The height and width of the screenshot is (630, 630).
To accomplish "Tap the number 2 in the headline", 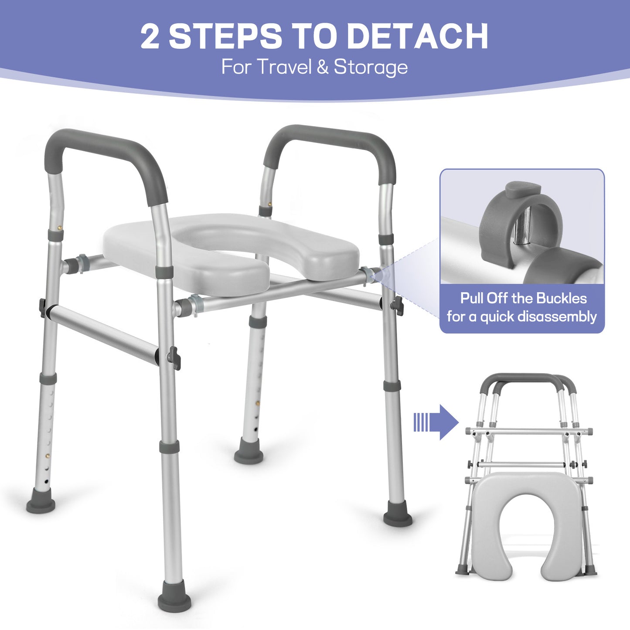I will tap(150, 37).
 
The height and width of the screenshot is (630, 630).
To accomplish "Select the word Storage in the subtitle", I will tap(371, 67).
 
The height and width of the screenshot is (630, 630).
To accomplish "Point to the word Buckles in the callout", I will tap(561, 299).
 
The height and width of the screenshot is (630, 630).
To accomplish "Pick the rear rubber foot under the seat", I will tap(249, 456).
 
